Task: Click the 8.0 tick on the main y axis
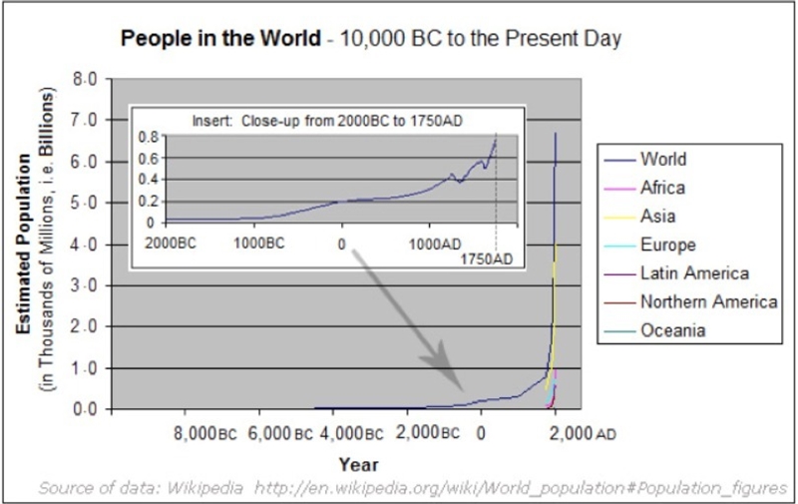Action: pyautogui.click(x=85, y=80)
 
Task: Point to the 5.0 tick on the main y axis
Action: pyautogui.click(x=85, y=204)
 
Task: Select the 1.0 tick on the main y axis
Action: pyautogui.click(x=85, y=368)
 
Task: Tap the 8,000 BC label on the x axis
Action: pyautogui.click(x=205, y=434)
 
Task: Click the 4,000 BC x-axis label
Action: pyautogui.click(x=352, y=434)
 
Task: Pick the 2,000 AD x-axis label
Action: pyautogui.click(x=583, y=434)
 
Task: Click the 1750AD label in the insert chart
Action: pyautogui.click(x=487, y=259)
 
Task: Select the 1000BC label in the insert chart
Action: pyautogui.click(x=259, y=243)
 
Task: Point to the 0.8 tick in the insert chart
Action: pyautogui.click(x=149, y=137)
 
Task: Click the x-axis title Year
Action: pyautogui.click(x=359, y=464)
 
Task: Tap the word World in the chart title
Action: pyautogui.click(x=290, y=38)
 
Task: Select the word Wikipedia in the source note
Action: pyautogui.click(x=204, y=488)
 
